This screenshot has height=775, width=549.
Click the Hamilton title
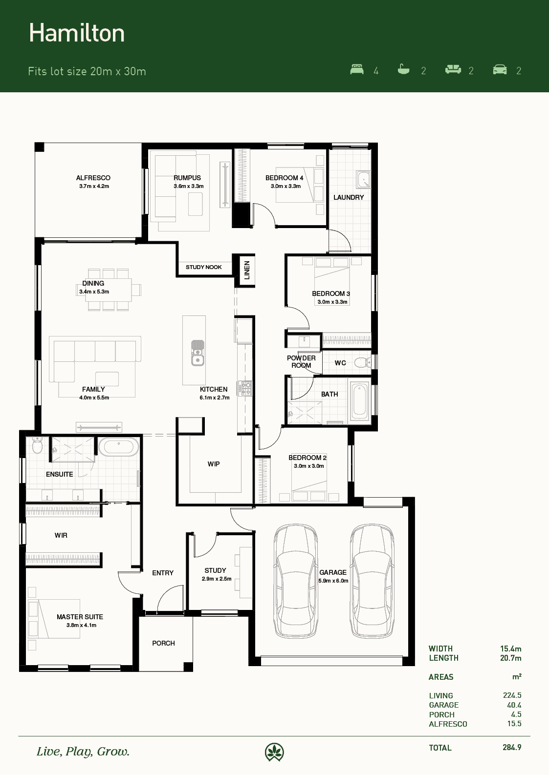[77, 34]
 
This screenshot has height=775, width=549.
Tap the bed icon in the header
[357, 69]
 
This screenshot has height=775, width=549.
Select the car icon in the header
[500, 69]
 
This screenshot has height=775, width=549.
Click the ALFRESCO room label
[93, 178]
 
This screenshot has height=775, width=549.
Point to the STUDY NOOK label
[204, 267]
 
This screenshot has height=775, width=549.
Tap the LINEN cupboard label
[247, 270]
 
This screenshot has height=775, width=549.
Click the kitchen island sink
[198, 353]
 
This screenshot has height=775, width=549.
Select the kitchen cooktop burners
[246, 388]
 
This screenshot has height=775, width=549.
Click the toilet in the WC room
[363, 362]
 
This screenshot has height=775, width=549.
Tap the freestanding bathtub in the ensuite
[118, 447]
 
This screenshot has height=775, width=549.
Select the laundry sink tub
[363, 180]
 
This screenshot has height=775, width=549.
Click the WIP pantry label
[214, 464]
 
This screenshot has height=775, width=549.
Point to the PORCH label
[163, 643]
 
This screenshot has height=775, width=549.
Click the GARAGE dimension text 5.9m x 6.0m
[333, 581]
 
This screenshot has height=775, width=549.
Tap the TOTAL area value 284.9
[512, 747]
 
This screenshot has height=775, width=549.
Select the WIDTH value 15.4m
[510, 649]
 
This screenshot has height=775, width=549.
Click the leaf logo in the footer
[274, 752]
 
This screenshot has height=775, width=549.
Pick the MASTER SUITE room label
[80, 617]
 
